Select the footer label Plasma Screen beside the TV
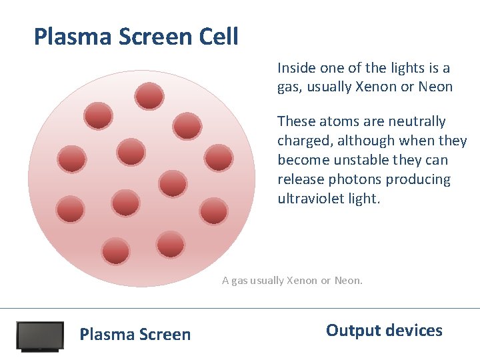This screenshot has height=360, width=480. (x=135, y=335)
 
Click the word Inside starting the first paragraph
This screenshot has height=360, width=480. (x=295, y=68)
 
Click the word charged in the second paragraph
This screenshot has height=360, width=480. (x=302, y=141)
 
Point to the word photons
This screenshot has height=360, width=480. (x=353, y=180)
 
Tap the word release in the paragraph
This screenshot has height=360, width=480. (x=300, y=180)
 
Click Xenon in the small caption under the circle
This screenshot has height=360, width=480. (x=302, y=281)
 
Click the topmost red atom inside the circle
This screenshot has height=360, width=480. (x=149, y=96)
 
